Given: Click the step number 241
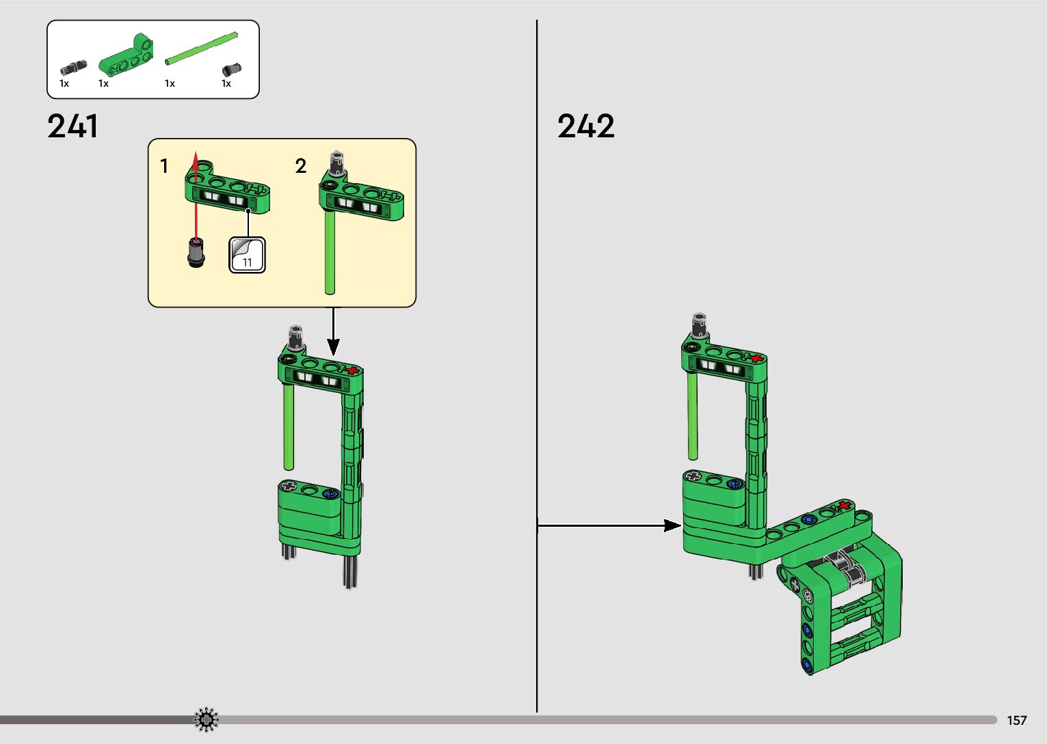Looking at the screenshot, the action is [73, 126].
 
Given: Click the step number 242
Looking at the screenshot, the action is [585, 126].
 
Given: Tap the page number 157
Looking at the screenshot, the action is [1017, 720].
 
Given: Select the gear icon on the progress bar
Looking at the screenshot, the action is [206, 719].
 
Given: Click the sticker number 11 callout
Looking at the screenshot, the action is [248, 255].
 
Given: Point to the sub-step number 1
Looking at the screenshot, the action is [164, 166].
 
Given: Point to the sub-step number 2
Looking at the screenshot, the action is [300, 166].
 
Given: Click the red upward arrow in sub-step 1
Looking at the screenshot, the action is [196, 196].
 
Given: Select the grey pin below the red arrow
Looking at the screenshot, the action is [196, 253].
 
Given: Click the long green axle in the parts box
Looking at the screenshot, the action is [202, 48].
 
